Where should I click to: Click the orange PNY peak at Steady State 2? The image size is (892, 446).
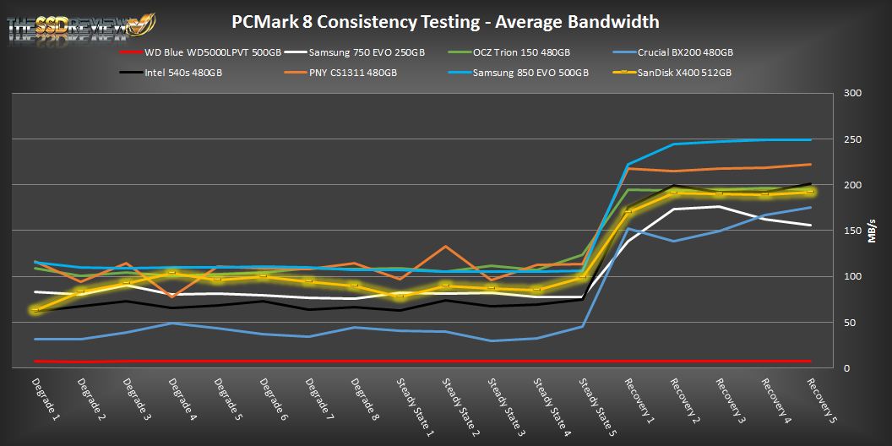[x=446, y=247]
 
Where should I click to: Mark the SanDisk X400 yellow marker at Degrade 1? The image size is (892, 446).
[x=35, y=310]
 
